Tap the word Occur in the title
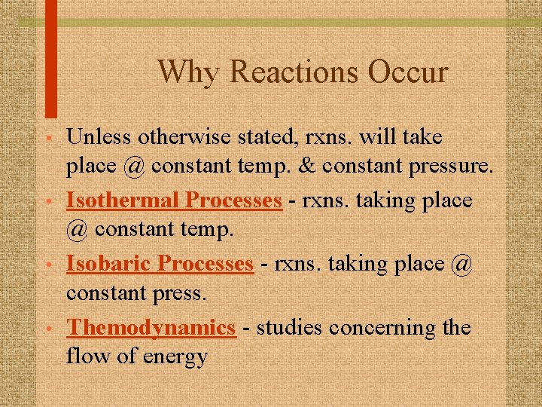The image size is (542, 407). [409, 72]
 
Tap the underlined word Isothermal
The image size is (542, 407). [123, 201]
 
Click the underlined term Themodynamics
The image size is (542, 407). [151, 329]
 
